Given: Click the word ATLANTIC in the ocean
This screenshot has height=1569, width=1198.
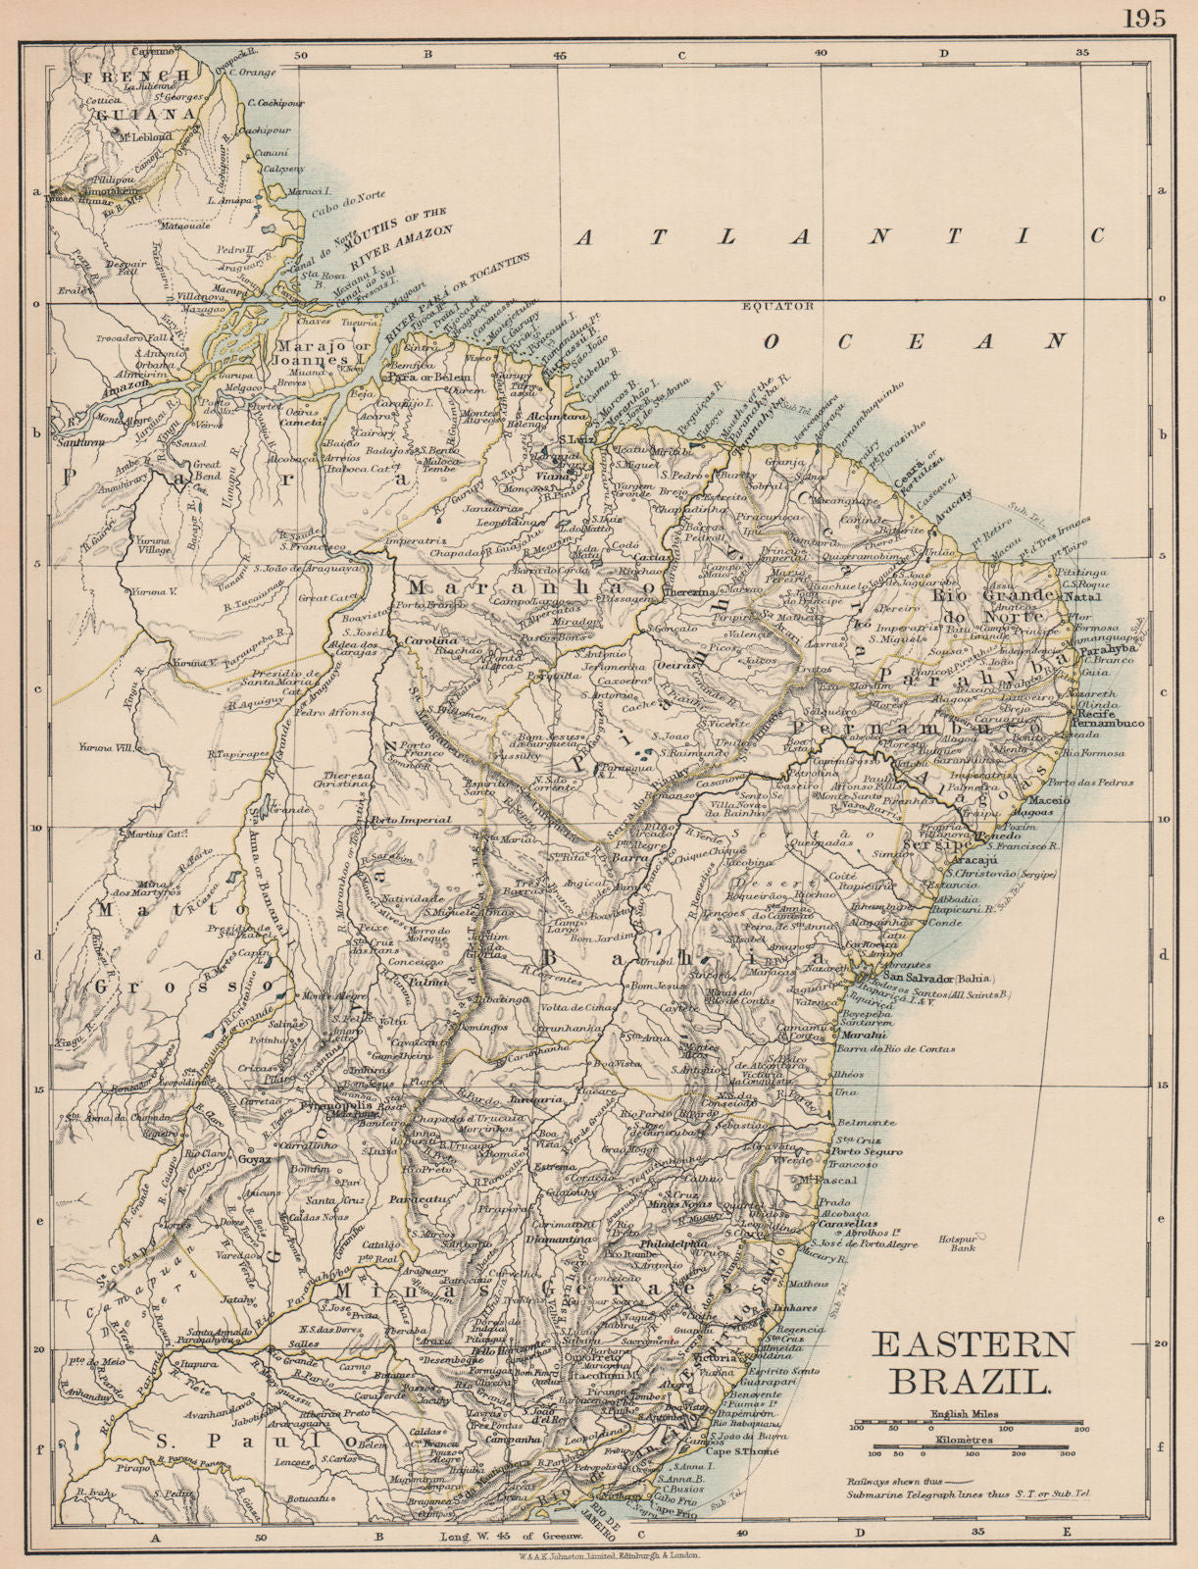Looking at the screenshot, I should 839,236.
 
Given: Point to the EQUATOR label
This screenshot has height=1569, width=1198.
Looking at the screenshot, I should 779,306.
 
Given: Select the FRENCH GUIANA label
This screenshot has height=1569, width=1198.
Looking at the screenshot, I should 137,95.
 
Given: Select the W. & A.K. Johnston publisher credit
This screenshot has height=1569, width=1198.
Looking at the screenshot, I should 598,1556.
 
